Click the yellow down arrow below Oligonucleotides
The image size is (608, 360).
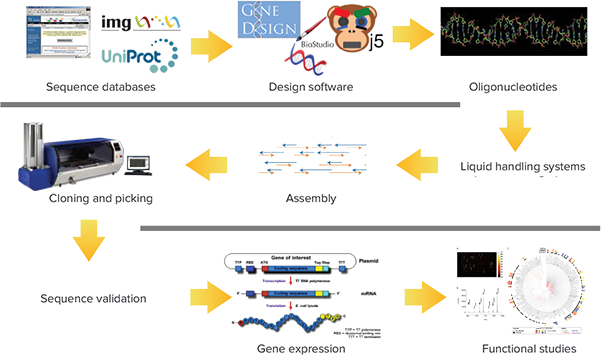pyautogui.click(x=497, y=128)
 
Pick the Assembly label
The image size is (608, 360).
pyautogui.click(x=310, y=198)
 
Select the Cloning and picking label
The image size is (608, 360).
pyautogui.click(x=100, y=198)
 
